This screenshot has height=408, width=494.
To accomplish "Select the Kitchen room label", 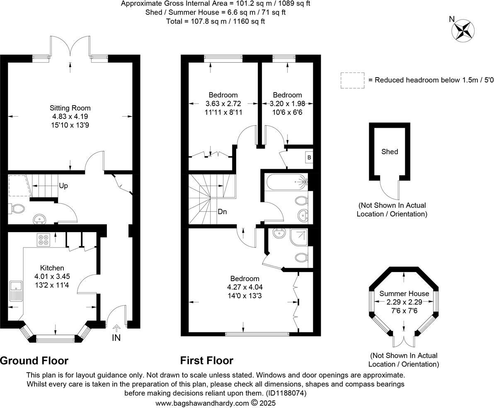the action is pyautogui.click(x=52, y=268).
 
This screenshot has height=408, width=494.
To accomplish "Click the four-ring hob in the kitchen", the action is pyautogui.click(x=44, y=240).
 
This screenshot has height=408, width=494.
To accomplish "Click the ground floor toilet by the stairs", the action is pyautogui.click(x=17, y=209).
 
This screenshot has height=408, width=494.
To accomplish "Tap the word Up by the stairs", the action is pyautogui.click(x=63, y=186).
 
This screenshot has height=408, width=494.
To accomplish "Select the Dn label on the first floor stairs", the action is pyautogui.click(x=222, y=211).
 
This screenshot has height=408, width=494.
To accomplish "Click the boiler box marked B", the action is pyautogui.click(x=309, y=157).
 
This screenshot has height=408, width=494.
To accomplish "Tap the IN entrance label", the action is pyautogui.click(x=116, y=338).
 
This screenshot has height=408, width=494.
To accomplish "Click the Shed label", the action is pyautogui.click(x=390, y=152).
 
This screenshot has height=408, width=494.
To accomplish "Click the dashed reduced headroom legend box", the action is pyautogui.click(x=352, y=80).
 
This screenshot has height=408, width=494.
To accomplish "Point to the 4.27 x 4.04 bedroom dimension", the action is pyautogui.click(x=245, y=287).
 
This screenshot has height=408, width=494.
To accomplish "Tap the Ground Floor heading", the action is pyautogui.click(x=34, y=360).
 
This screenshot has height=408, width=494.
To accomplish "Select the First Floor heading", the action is pyautogui.click(x=206, y=360).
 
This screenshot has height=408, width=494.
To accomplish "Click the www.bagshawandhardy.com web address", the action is pyautogui.click(x=202, y=403).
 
